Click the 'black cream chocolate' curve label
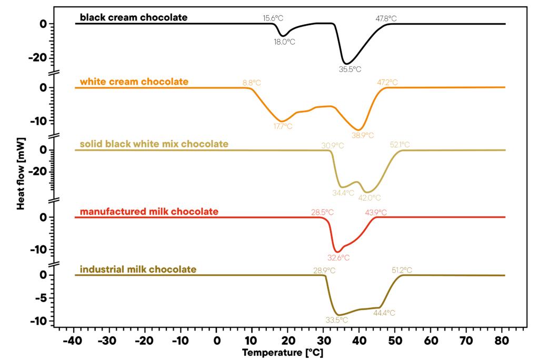coord(133,17)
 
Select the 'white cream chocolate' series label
coord(134,82)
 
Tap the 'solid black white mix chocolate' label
coord(154,144)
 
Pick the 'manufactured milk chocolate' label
coord(149,212)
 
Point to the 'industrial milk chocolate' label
coord(138,269)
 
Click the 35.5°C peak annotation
coord(350,69)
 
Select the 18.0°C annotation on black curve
coord(284,42)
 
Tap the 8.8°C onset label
coord(252,83)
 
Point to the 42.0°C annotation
coord(370,198)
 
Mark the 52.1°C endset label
coord(400,145)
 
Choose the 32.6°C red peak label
coord(338,258)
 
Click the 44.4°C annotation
coord(384,313)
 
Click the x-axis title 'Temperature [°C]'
coord(283,352)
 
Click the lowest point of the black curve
coord(345,64)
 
